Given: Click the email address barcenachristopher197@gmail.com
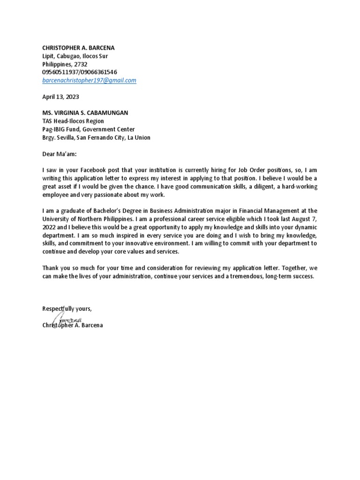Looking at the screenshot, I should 89,80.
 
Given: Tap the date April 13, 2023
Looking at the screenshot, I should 60,97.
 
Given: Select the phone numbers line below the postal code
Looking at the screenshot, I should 80,72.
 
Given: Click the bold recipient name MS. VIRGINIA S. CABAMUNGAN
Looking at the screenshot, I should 85,113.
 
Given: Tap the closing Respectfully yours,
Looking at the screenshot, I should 67,308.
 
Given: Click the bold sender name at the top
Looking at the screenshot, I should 78,48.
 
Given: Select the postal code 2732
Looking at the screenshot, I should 80,64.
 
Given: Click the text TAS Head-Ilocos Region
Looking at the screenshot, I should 73,121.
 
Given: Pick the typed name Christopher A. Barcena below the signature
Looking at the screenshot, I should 72,325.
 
